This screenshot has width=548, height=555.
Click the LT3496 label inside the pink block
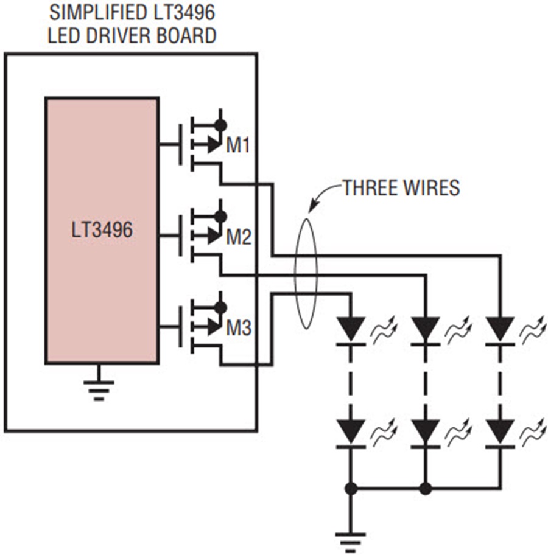click(102, 229)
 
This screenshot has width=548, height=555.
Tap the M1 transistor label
click(238, 145)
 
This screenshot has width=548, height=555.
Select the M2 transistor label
click(239, 237)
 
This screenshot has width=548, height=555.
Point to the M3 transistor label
click(239, 328)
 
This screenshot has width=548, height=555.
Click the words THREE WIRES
click(401, 187)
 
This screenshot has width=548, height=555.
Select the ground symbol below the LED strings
click(351, 542)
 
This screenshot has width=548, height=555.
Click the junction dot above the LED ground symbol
click(351, 489)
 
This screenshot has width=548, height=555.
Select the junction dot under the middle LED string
click(426, 489)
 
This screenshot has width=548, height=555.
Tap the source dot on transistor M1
click(220, 125)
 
